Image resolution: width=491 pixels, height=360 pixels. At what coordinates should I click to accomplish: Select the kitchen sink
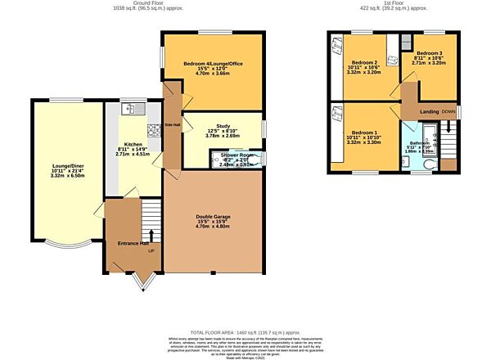pos(131,108)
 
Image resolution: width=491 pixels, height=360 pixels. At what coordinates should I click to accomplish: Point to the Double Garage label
pos(212,217)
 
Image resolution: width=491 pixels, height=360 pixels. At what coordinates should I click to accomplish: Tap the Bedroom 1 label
pos(364,133)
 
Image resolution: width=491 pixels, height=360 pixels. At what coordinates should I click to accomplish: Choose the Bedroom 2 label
pos(364,63)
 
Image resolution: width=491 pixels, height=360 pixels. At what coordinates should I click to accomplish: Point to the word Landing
pos(430,112)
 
